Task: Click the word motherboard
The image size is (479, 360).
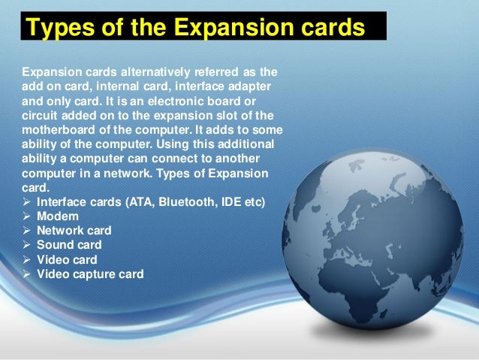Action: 54,130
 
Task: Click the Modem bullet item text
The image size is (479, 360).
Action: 57,216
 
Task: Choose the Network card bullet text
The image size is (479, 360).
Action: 74,231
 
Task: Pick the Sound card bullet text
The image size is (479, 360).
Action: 69,245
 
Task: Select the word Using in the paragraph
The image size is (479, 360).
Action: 178,144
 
